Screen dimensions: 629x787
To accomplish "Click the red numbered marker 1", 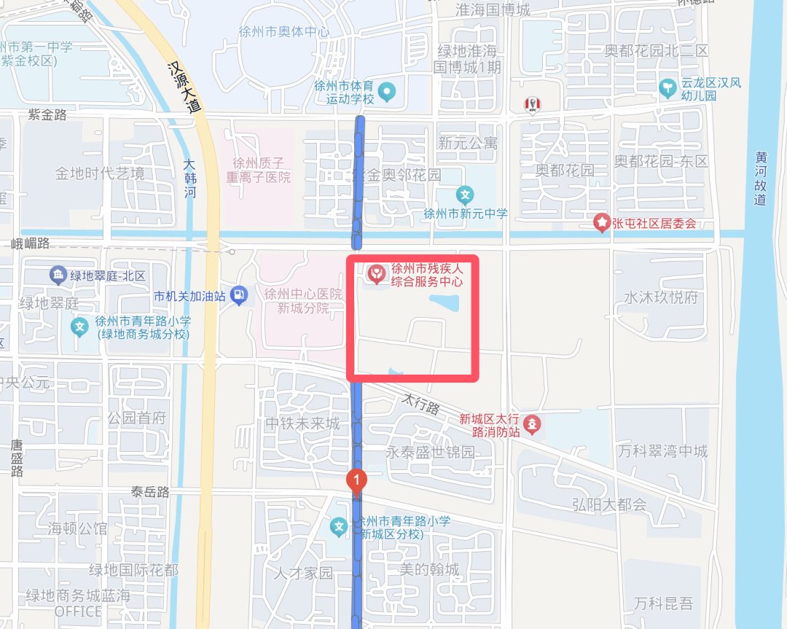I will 356,480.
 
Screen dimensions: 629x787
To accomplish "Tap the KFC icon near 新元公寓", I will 532,106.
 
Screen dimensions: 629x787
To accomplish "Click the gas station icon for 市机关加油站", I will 238,295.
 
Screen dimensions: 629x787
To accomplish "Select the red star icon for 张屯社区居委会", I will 602,222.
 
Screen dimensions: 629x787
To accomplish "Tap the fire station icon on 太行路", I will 533,423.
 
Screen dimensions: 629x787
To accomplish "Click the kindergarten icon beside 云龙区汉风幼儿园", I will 667,89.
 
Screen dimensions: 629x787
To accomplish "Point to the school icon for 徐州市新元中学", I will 465,195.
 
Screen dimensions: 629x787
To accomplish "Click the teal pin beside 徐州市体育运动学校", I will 388,92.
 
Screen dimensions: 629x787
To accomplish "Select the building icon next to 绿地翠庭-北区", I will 58,276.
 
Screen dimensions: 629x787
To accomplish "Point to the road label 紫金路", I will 47,114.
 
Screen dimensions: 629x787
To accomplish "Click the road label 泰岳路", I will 150,492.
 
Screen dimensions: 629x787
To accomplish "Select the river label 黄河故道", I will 761,178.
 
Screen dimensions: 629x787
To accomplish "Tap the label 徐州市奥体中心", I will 284,32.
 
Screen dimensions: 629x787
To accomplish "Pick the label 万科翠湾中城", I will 662,451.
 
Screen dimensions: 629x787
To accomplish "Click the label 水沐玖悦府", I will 661,297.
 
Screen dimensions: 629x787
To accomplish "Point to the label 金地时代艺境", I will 100,173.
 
